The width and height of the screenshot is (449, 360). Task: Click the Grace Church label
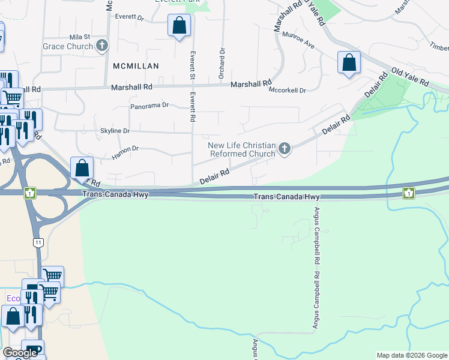[x=68, y=46]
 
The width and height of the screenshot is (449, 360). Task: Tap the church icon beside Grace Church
[x=103, y=46]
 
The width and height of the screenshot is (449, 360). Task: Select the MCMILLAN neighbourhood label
[x=135, y=66]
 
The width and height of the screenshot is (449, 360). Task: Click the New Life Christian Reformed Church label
[x=241, y=149]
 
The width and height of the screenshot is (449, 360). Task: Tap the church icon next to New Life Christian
[x=285, y=149]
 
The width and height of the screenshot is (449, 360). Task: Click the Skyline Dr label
[x=115, y=131]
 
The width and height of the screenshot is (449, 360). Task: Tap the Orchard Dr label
[x=221, y=64]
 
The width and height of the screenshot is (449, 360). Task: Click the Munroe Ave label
[x=298, y=40]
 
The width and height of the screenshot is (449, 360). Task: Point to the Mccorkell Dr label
[x=287, y=91]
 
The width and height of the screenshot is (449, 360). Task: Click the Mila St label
[x=79, y=37]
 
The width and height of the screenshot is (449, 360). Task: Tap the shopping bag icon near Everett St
[x=179, y=26]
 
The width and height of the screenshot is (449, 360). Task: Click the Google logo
[x=20, y=353]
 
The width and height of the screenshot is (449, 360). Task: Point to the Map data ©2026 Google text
[x=411, y=355]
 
